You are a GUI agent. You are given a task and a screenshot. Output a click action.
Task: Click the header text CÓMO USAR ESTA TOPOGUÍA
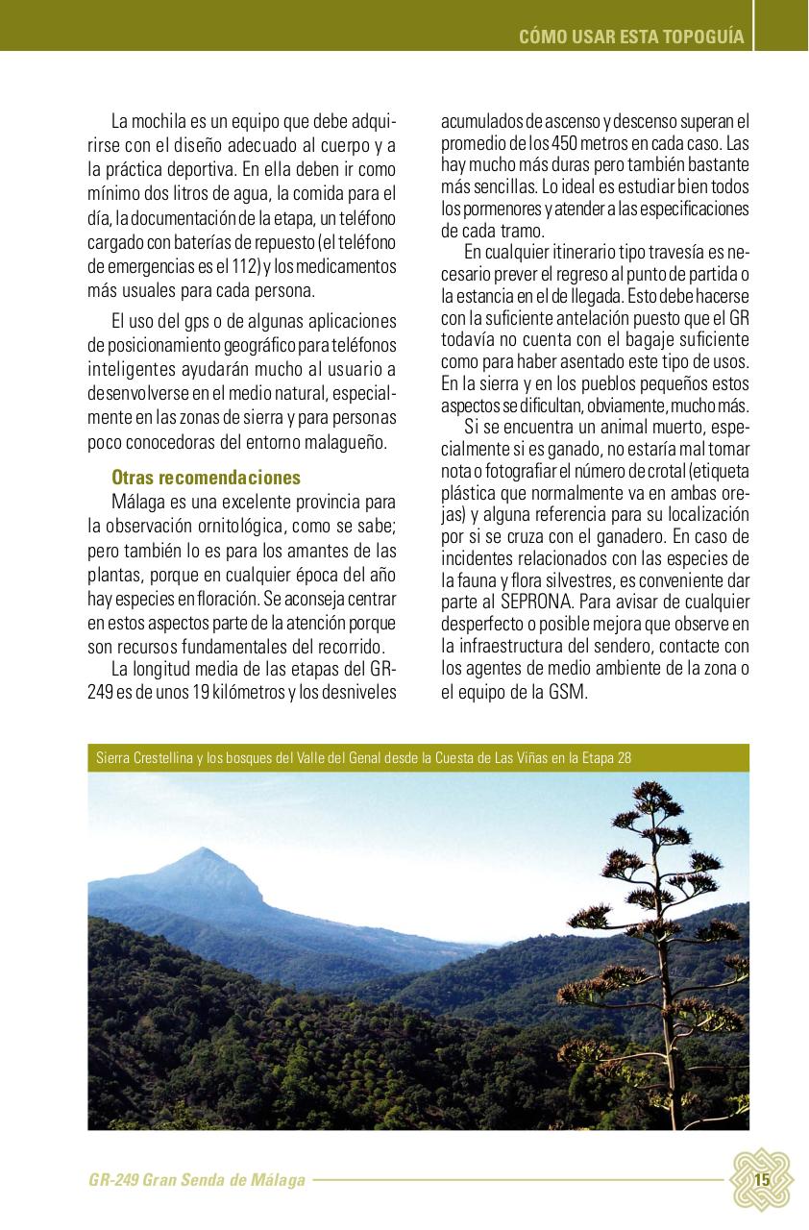pyautogui.click(x=631, y=37)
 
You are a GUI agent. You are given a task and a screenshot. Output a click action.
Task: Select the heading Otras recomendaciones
pyautogui.click(x=206, y=478)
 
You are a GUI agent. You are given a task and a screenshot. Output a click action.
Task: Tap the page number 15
pyautogui.click(x=762, y=1180)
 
